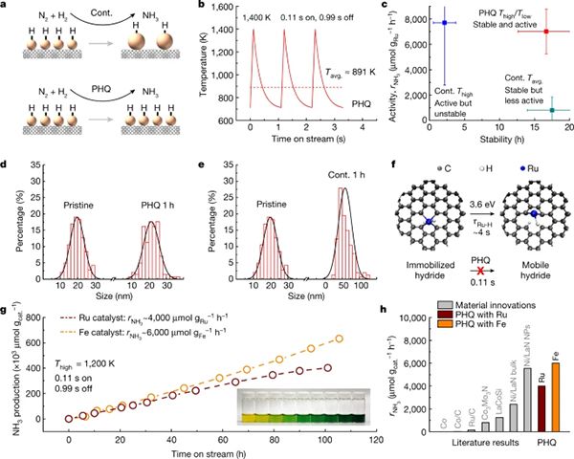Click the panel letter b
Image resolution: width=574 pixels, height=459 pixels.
pos(198,7)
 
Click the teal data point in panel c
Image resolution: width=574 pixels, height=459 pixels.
pos(551,110)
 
